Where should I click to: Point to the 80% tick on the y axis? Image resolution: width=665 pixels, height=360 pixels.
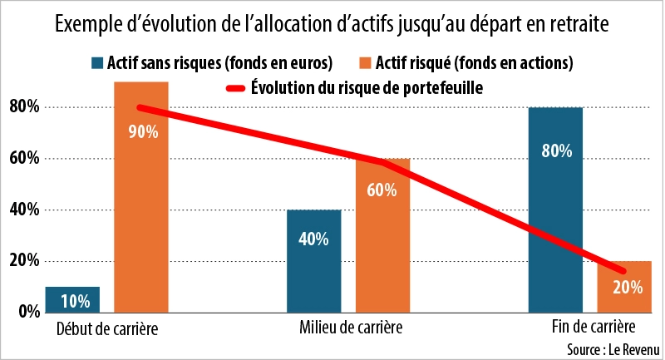24,106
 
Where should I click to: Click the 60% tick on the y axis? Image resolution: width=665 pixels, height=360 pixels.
24,158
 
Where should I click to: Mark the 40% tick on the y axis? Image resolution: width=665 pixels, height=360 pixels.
24,210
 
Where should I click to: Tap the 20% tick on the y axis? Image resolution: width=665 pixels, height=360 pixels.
24,261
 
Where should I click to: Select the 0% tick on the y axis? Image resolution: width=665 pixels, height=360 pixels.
27,312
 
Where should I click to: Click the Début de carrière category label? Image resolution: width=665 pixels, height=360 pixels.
107,328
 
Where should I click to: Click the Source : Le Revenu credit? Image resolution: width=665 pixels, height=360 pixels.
611,348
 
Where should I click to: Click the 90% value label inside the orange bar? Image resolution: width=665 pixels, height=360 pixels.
141,131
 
